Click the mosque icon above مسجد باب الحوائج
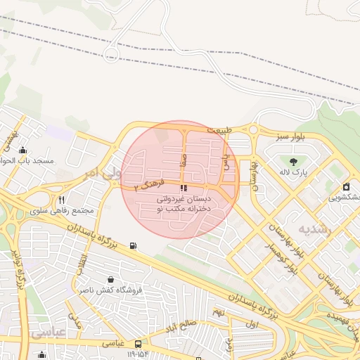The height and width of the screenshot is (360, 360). [24, 149]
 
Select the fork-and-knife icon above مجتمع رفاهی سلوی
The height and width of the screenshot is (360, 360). [62, 200]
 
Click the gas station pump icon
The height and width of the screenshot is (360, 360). [133, 246]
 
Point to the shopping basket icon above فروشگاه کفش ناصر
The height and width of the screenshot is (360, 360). [110, 279]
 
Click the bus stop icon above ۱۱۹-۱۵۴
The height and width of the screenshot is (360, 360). [139, 344]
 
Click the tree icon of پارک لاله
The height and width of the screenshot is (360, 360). [303, 162]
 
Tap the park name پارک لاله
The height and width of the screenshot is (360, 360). [294, 172]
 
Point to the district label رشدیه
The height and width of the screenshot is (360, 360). [312, 229]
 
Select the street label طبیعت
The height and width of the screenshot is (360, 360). [218, 130]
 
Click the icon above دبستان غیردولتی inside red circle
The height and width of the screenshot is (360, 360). [184, 188]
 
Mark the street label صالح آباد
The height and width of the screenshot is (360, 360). [189, 323]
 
